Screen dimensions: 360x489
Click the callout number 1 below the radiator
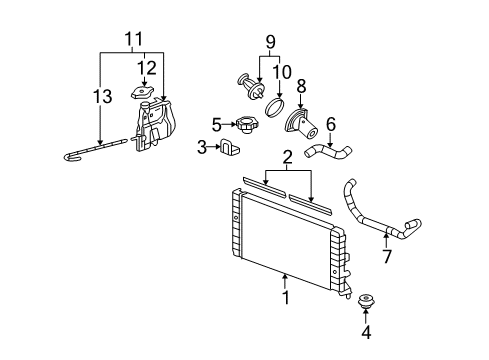tap(285, 297)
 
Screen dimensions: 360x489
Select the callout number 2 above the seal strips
tap(288, 156)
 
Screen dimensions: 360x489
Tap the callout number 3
tap(201, 148)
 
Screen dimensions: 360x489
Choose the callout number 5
tap(216, 126)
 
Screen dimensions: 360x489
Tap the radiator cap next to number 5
tap(244, 127)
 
